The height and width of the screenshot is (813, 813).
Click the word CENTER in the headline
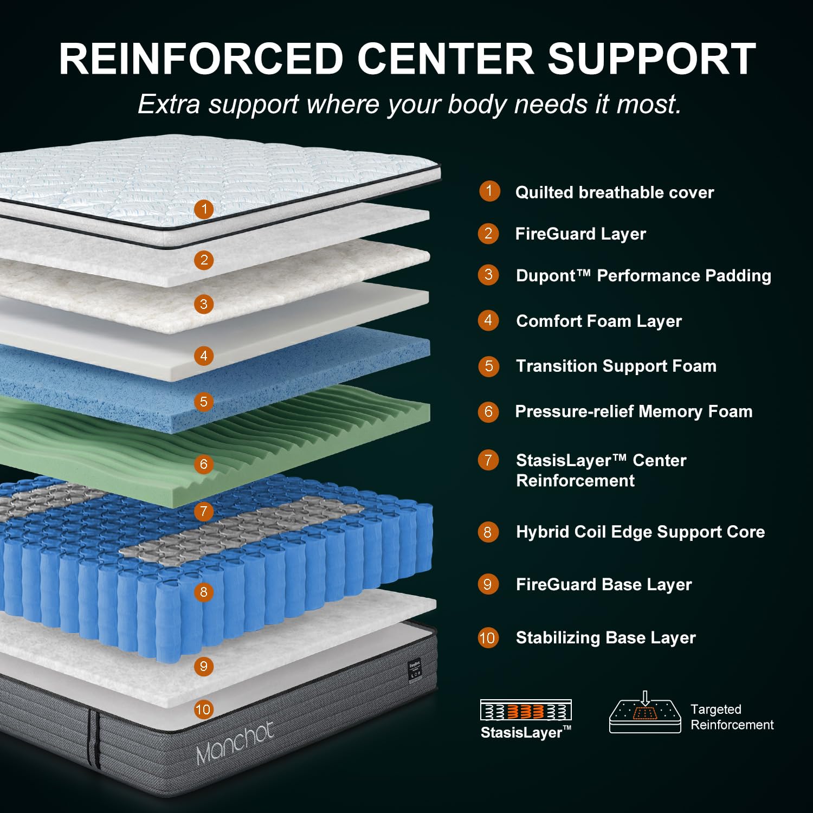tap(446, 58)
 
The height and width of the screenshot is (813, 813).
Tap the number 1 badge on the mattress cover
tap(204, 209)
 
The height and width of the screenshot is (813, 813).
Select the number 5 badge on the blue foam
tap(204, 402)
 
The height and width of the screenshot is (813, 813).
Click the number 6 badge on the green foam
tap(204, 464)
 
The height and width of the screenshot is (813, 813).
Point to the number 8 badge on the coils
tap(204, 592)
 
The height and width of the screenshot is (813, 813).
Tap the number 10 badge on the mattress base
tap(203, 709)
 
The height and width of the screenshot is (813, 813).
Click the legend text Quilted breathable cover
tap(615, 192)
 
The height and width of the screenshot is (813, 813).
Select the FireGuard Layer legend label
tap(580, 234)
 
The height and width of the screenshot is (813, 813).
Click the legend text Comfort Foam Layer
tap(599, 321)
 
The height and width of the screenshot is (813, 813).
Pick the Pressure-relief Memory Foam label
tap(634, 411)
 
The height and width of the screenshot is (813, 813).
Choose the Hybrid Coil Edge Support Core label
tap(640, 532)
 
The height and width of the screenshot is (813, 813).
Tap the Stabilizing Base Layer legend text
tap(605, 638)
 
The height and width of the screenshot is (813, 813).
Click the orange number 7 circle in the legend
tap(488, 460)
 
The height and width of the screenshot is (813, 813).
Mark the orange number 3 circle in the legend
tap(488, 275)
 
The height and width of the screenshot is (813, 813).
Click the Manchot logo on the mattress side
tap(235, 743)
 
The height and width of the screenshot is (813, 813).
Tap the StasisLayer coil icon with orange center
tap(526, 710)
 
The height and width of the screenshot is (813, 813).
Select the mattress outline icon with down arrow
tap(645, 712)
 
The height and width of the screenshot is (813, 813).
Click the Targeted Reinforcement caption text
tap(732, 717)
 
